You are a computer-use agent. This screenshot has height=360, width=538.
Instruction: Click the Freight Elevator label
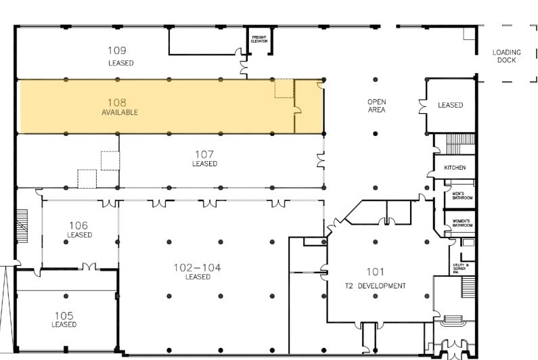coord(260,39)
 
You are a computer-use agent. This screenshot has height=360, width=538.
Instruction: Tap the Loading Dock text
coord(506,56)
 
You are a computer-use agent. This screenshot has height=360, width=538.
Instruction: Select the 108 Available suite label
coord(120,107)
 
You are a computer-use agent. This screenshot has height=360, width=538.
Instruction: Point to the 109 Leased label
coord(120,55)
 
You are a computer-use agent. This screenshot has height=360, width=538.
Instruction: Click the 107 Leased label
coord(204,158)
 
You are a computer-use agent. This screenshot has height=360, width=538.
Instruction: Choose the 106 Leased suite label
coord(79,229)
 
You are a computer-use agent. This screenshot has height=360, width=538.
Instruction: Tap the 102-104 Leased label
coord(198,271)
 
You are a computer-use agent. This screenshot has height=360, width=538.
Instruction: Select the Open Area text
coord(377,106)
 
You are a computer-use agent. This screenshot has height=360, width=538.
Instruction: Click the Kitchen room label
coord(455,167)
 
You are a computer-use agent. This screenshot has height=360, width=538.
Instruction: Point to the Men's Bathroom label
coord(462,196)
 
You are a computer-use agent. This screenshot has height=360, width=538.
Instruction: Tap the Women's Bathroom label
coord(462,223)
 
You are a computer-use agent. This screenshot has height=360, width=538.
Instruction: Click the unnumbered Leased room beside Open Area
coord(450,105)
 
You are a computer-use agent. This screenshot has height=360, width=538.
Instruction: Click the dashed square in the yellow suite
coord(284,88)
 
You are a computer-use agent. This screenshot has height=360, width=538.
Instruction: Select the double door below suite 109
coord(244,64)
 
